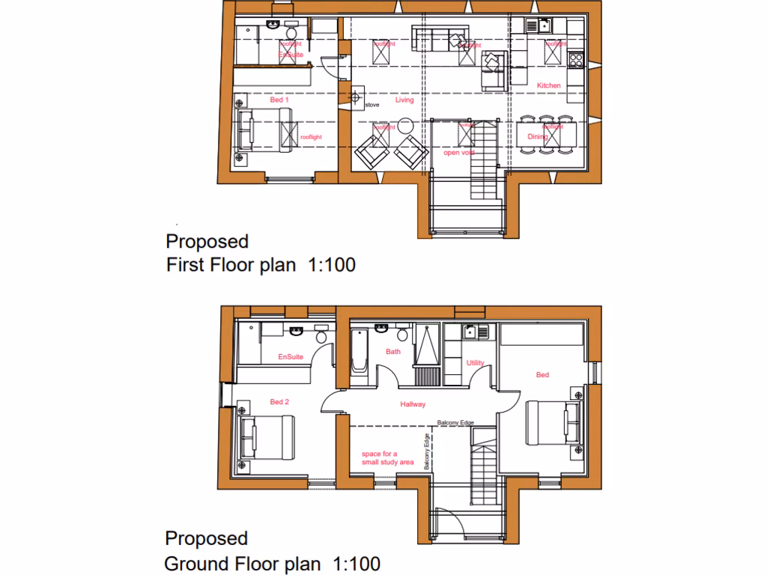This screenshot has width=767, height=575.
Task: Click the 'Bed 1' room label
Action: coord(279,100)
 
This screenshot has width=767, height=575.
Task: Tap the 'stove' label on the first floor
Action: coord(372,105)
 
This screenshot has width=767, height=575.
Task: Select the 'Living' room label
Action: coord(404,100)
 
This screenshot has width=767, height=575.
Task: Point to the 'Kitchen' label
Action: coord(548,86)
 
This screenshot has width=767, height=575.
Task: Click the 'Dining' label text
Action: coord(537,137)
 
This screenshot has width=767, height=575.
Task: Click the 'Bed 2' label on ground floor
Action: coord(279,402)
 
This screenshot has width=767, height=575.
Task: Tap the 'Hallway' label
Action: coord(413,404)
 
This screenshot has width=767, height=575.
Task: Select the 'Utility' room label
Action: coord(476,363)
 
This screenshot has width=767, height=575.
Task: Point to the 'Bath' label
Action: coord(393,351)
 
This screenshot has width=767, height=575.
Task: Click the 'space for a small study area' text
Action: coord(387,458)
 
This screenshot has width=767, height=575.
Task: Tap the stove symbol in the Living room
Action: coord(355,97)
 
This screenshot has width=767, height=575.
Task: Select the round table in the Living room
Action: coord(405,125)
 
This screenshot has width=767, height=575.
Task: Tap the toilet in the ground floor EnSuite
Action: coord(322,335)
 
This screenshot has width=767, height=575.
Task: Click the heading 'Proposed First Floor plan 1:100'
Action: coord(260,253)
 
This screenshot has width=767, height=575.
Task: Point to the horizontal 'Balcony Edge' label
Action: coord(456,423)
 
